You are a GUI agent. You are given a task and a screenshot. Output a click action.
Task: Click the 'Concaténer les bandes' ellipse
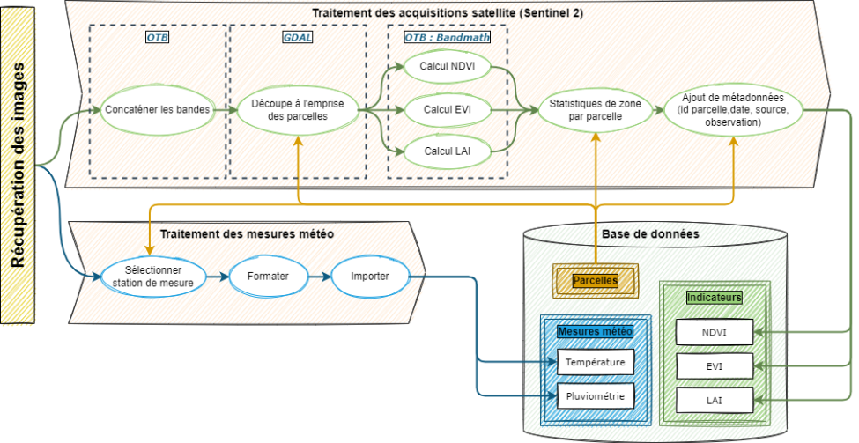click(x=158, y=110)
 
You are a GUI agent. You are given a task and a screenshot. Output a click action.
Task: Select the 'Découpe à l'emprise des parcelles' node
click(x=297, y=110)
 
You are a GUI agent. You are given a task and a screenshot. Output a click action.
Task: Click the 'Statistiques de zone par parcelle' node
click(x=595, y=110)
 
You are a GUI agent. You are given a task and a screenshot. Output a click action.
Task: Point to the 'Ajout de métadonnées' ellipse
click(x=733, y=110)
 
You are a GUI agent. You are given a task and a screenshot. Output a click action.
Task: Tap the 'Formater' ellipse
click(x=268, y=276)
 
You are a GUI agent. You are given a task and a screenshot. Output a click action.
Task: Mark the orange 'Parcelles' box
click(x=595, y=280)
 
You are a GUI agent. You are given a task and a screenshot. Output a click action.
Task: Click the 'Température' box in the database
click(x=595, y=362)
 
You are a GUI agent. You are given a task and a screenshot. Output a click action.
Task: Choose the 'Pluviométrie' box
click(x=595, y=397)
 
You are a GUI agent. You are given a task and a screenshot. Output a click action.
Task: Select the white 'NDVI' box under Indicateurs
click(x=714, y=332)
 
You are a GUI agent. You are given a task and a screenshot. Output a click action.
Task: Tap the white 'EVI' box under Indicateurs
click(x=714, y=366)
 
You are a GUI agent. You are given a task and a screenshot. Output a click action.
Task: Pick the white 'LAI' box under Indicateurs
click(x=714, y=402)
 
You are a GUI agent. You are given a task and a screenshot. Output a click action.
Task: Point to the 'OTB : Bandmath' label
click(x=447, y=37)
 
